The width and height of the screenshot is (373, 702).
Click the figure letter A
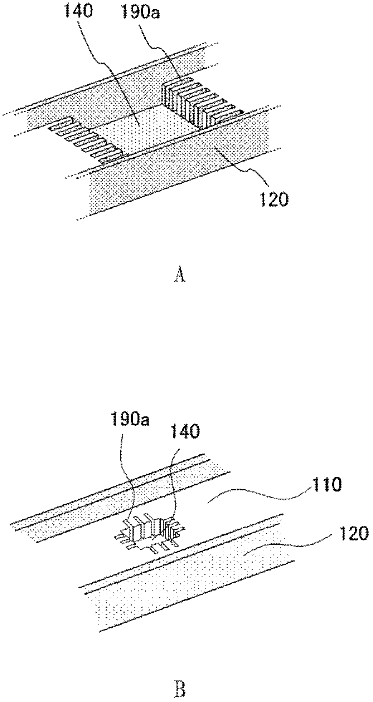pos(181,275)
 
